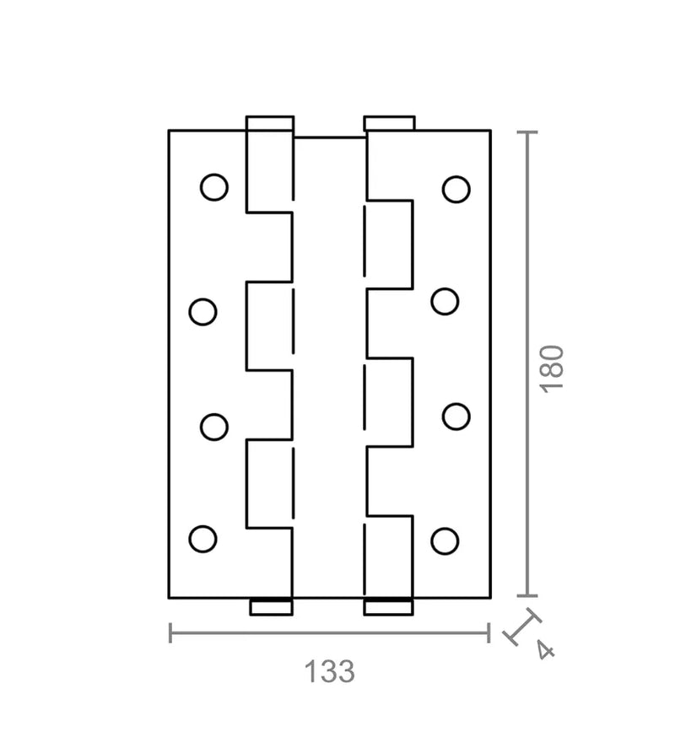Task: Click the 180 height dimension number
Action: coord(553,368)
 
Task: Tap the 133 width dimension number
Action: coord(330,671)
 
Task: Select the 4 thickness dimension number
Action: coord(545,651)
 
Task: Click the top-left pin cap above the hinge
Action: coord(270,123)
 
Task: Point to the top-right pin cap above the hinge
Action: coord(389,123)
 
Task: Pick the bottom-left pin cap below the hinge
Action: coord(271,607)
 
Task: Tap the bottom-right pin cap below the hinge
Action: coord(388,607)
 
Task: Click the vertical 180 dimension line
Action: coord(527,363)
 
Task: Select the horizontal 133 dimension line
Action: coord(330,633)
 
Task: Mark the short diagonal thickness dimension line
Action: coord(522,627)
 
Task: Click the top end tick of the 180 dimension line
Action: coord(527,132)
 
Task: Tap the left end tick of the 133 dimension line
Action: coord(170,633)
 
